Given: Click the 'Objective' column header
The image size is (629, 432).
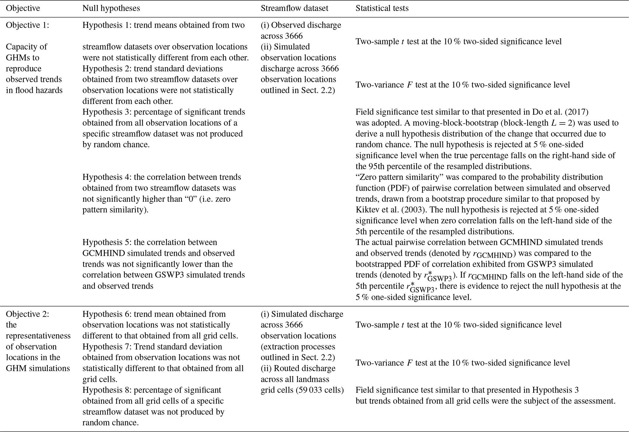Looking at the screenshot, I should [23, 8].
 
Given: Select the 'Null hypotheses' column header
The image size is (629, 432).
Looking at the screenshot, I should [111, 8].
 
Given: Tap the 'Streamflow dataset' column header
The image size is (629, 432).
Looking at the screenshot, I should [294, 8].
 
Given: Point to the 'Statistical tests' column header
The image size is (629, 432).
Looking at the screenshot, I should [382, 8].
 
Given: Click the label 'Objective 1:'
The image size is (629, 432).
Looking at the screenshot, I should [27, 25].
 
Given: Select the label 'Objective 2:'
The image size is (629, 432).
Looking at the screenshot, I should [27, 314].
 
